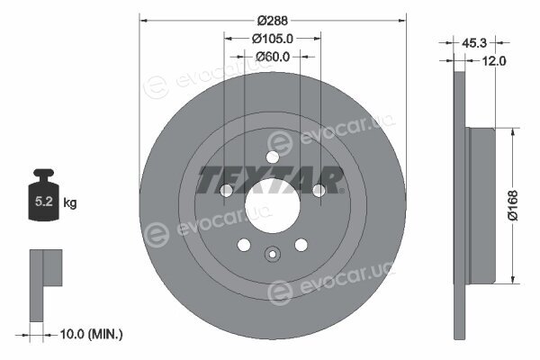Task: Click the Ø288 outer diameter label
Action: (273, 21)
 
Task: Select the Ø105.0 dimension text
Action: (273, 39)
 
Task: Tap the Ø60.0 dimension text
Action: (273, 57)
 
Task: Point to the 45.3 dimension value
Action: (474, 43)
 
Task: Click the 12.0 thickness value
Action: (494, 61)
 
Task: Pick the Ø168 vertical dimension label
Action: (513, 205)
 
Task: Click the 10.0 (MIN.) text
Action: (91, 334)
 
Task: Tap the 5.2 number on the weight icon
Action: (44, 202)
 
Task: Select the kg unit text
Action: (70, 202)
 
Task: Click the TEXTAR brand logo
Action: (270, 180)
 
